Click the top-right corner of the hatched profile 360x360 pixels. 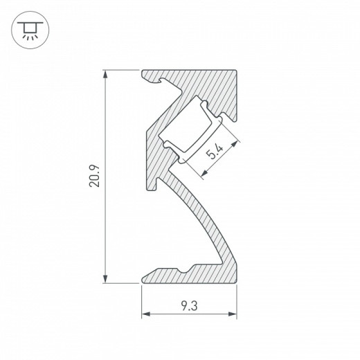pyautogui.click(x=237, y=70)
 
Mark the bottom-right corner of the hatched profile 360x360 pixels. pyautogui.click(x=237, y=283)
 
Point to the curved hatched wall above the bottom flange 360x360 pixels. pyautogui.click(x=208, y=222)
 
